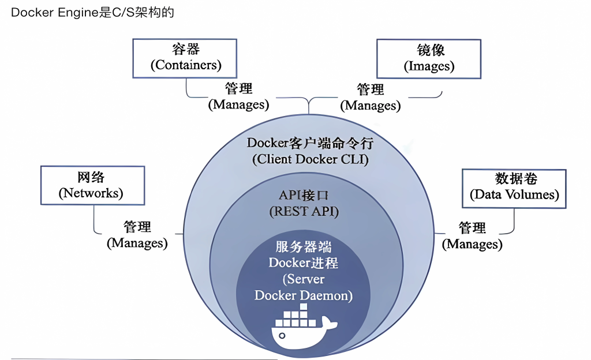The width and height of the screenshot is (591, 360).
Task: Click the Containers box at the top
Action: click(x=185, y=58)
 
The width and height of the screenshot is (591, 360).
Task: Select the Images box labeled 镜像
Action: click(x=429, y=58)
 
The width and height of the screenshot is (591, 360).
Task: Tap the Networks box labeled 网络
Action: click(x=92, y=185)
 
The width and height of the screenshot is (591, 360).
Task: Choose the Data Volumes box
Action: click(x=514, y=187)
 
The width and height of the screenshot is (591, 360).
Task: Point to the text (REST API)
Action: click(x=304, y=212)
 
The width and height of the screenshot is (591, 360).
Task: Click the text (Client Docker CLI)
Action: click(x=310, y=159)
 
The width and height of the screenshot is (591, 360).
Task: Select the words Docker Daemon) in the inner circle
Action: click(x=304, y=295)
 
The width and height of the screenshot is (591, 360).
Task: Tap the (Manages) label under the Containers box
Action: click(x=238, y=105)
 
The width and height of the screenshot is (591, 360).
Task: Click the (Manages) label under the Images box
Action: click(x=370, y=106)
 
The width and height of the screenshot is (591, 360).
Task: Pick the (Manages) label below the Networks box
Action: click(x=137, y=243)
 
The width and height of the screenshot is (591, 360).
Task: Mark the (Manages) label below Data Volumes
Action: click(x=472, y=244)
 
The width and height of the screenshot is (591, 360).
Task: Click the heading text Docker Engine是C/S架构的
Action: click(x=92, y=13)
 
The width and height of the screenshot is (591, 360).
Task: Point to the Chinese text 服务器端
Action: click(x=304, y=247)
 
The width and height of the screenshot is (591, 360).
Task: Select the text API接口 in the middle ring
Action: click(x=304, y=196)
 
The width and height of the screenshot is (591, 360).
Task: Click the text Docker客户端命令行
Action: click(x=310, y=143)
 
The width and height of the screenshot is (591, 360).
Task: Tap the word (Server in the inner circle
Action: click(x=304, y=279)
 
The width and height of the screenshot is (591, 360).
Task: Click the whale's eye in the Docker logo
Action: click(x=282, y=335)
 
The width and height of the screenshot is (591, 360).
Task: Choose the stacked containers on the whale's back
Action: click(x=294, y=317)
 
